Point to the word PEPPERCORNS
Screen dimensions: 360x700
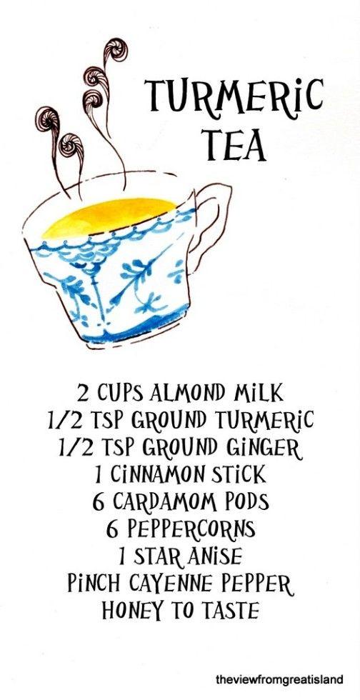191,529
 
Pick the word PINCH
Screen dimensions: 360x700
89,583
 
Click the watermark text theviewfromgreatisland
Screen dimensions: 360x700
279,679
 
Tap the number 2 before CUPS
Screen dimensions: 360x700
83,394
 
